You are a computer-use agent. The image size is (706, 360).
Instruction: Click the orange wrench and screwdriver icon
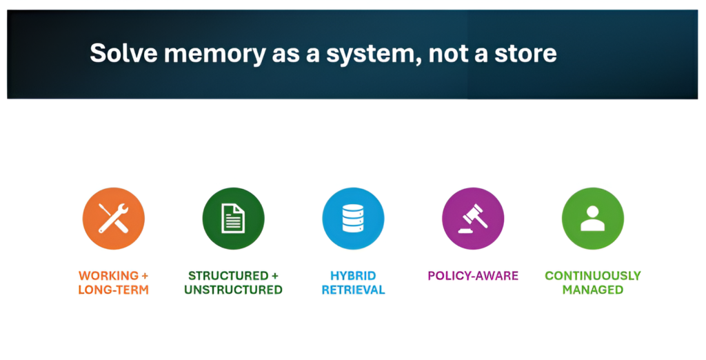click(x=113, y=219)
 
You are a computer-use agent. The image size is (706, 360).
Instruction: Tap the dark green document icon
click(x=233, y=219)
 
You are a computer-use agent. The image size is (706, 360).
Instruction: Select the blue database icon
click(x=353, y=219)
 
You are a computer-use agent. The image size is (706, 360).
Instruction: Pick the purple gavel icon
click(x=473, y=219)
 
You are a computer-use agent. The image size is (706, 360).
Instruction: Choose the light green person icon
click(x=593, y=219)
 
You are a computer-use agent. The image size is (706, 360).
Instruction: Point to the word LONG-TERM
click(x=113, y=290)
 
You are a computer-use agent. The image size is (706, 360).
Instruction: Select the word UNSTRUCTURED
click(x=233, y=290)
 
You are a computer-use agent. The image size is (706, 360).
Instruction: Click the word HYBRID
click(x=353, y=276)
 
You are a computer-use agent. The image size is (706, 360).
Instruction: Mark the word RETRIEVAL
click(x=353, y=290)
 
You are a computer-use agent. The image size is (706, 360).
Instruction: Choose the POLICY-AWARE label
click(x=473, y=276)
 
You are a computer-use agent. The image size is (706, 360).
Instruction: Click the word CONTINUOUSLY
click(x=593, y=276)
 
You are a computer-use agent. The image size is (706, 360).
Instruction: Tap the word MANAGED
click(x=593, y=290)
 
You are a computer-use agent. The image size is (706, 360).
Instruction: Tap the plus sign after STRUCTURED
click(x=275, y=276)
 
